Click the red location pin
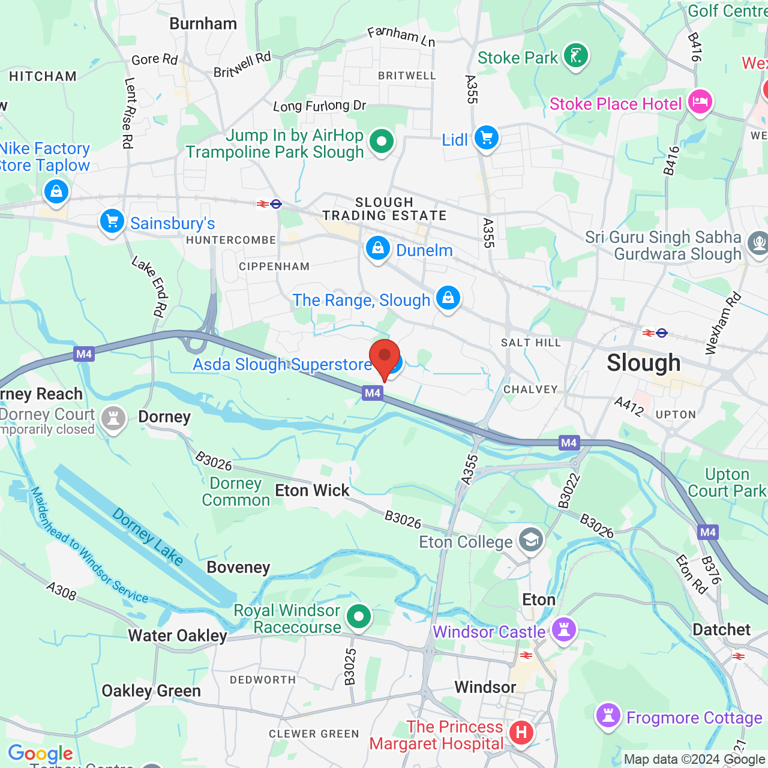384,358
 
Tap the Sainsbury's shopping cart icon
112,221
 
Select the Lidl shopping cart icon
486,138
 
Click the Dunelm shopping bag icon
377,248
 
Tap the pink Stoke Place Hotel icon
700,102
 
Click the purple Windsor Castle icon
563,629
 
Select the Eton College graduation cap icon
530,540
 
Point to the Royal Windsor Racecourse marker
359,616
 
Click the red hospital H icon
521,732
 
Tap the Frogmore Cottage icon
608,716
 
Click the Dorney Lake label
148,536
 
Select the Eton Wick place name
312,490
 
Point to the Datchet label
721,629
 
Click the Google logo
40,753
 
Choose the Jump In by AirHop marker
381,142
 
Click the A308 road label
61,591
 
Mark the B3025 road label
350,667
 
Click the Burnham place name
203,23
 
